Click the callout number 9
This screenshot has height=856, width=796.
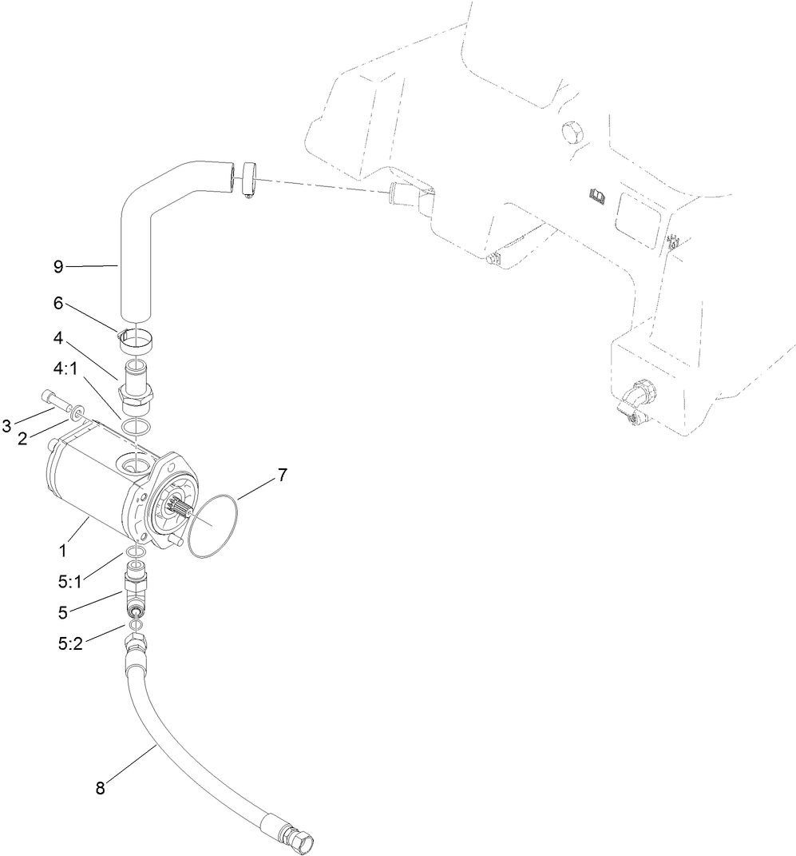pos(58,267)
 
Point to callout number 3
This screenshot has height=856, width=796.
pos(7,425)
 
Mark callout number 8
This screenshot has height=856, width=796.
pos(101,788)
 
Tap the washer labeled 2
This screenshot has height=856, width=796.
pos(77,412)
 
